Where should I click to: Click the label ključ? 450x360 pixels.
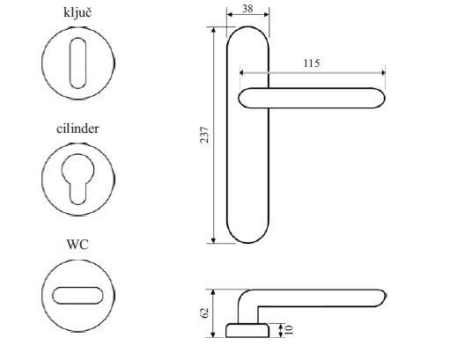click(x=77, y=13)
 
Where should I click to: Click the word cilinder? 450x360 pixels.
click(x=77, y=129)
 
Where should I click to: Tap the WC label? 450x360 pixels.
click(x=77, y=244)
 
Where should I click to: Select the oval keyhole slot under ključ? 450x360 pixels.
click(x=77, y=63)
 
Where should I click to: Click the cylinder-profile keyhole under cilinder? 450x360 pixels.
click(x=77, y=179)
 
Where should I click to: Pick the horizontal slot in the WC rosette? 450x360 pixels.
click(x=77, y=296)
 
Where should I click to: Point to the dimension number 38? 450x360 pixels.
click(x=247, y=9)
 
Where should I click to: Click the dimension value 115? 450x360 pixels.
click(x=312, y=63)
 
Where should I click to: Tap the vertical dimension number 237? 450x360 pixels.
click(x=204, y=135)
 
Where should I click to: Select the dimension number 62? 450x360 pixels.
click(x=204, y=313)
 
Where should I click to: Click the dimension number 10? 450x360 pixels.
click(x=289, y=330)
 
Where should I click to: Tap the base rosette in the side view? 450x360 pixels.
click(x=247, y=330)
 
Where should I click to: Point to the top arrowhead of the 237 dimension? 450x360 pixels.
click(x=213, y=30)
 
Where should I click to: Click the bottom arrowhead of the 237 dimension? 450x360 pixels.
click(x=213, y=239)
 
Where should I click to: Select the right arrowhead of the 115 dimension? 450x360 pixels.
click(x=383, y=72)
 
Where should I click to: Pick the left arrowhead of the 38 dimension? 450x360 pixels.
click(x=230, y=14)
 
